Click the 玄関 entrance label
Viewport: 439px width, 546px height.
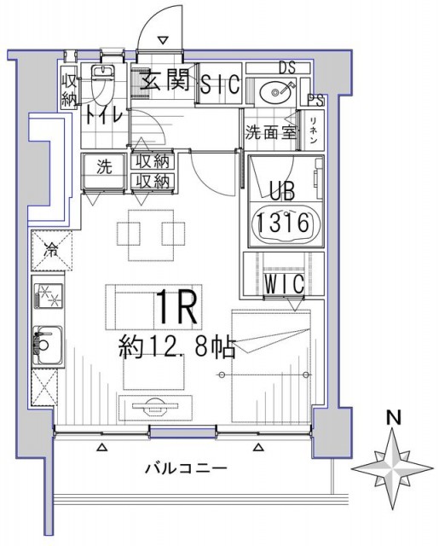pos(165,84)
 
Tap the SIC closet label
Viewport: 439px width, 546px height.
pos(220,85)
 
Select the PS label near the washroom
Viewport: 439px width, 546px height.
pos(316,100)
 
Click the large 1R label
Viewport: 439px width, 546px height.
pos(177,308)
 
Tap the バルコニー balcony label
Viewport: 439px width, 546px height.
pos(185,468)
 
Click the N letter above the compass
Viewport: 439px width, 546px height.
pos(394,418)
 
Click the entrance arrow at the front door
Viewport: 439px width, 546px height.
pos(163,38)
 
